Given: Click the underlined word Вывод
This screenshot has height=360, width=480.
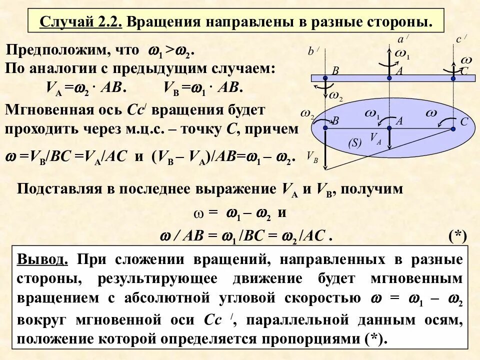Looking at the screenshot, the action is [41, 260].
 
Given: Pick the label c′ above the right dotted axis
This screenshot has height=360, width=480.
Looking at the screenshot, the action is [461, 39].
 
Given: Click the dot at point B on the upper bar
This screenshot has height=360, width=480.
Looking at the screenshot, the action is [325, 78].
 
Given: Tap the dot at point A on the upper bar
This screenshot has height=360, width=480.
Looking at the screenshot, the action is [389, 78].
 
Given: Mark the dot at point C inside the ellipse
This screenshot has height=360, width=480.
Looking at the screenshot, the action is [453, 128].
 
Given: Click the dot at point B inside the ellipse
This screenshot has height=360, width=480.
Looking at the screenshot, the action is [325, 128].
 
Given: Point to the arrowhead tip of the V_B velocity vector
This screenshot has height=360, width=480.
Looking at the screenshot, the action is [325, 169].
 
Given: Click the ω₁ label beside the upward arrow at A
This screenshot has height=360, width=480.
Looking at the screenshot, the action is [402, 54].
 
